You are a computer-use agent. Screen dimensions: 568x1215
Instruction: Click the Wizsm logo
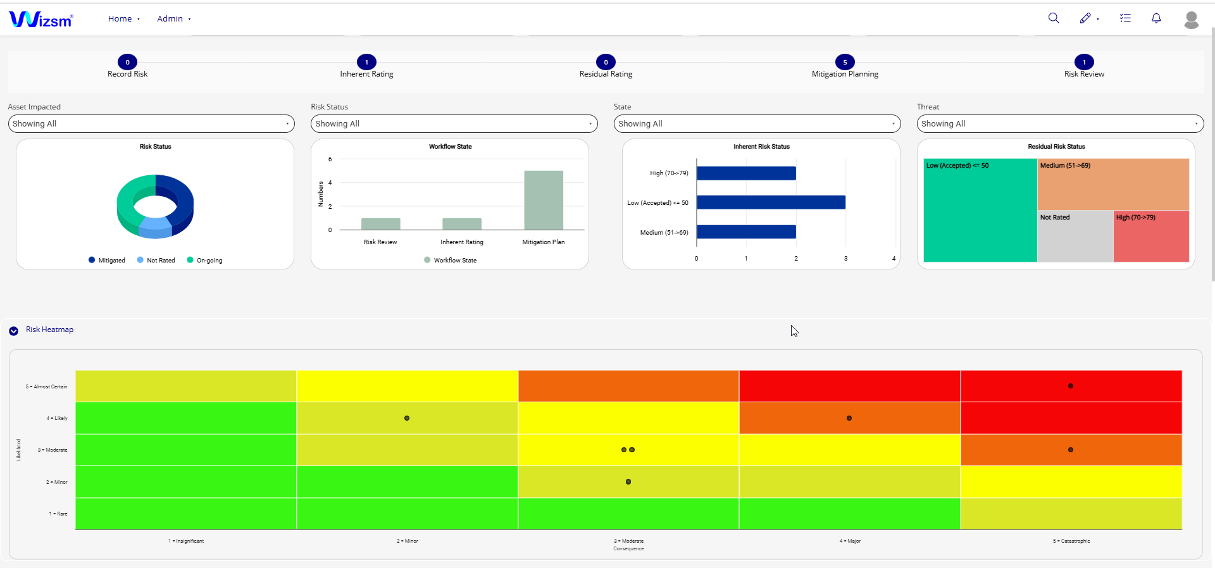click(x=41, y=20)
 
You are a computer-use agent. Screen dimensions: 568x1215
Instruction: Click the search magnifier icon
click(x=1054, y=18)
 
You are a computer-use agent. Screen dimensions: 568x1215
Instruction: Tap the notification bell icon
click(x=1156, y=18)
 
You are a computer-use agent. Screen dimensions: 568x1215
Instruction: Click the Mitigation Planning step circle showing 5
click(x=845, y=62)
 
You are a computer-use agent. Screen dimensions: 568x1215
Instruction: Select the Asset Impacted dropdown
click(x=151, y=124)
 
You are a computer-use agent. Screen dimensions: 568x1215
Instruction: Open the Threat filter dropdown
click(x=1060, y=124)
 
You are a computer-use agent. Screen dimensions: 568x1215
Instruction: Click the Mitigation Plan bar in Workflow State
click(x=544, y=200)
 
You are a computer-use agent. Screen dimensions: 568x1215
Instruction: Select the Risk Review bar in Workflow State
click(x=380, y=224)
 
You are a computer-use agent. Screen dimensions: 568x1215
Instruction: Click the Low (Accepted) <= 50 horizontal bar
click(x=771, y=202)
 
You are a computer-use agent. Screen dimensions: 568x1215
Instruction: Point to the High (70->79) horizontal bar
click(x=746, y=173)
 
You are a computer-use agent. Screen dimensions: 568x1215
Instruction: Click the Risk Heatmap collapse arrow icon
click(x=13, y=331)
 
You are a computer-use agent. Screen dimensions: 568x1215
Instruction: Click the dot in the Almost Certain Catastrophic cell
click(x=1071, y=386)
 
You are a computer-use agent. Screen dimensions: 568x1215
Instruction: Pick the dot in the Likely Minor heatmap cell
click(x=407, y=418)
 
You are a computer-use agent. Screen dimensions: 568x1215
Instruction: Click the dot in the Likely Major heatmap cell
click(x=849, y=418)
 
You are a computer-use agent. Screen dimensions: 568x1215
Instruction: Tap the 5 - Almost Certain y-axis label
click(x=46, y=386)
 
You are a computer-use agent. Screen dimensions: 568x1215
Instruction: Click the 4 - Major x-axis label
click(x=850, y=541)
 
